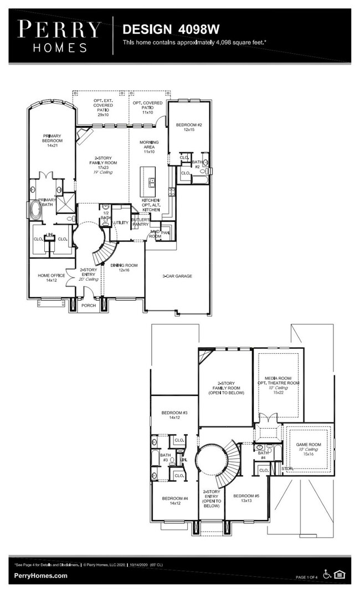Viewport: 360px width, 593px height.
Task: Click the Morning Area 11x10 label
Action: [x=148, y=147]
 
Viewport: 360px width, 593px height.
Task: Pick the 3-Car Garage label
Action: [x=177, y=276]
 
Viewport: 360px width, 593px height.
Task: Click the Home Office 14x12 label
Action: [x=51, y=278]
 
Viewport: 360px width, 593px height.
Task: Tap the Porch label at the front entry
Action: [x=89, y=305]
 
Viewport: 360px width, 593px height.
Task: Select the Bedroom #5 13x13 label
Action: [x=243, y=498]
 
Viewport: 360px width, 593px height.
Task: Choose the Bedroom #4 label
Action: [x=175, y=501]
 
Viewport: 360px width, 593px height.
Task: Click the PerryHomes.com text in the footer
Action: [x=41, y=576]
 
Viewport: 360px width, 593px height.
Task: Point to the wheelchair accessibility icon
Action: [x=327, y=575]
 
